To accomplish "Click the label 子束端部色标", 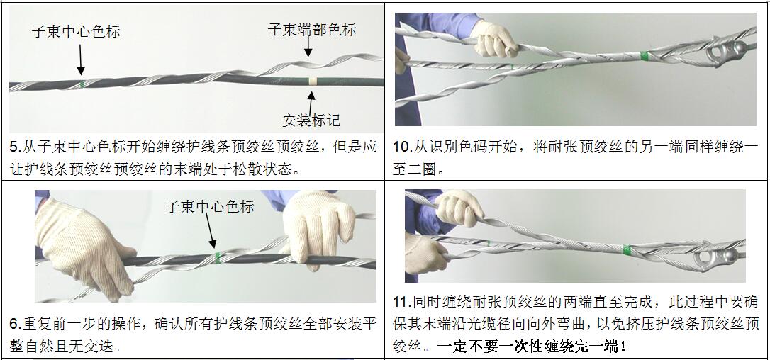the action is [x=312, y=30].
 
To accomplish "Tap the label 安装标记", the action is [x=311, y=120].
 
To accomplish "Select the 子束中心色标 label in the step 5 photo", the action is [x=76, y=32].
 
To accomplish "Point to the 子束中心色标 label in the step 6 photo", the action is [x=210, y=207].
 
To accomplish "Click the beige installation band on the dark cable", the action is [x=312, y=81].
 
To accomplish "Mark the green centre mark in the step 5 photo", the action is [x=82, y=84].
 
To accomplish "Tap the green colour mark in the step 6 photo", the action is [x=218, y=257].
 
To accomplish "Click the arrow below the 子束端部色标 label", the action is [x=308, y=47].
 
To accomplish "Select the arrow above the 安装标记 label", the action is [x=311, y=102].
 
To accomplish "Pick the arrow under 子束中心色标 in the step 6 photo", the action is [x=210, y=231].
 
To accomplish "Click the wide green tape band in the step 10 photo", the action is [x=644, y=55].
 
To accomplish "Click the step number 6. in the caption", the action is [x=16, y=324].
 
